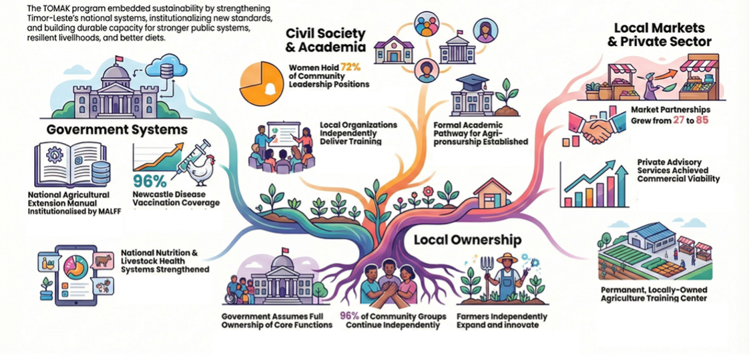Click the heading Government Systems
[x=117, y=130]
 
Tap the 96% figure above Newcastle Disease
[x=150, y=181]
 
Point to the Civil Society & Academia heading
[x=326, y=40]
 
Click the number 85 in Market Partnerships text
[x=703, y=120]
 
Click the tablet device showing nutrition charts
[x=75, y=275]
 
